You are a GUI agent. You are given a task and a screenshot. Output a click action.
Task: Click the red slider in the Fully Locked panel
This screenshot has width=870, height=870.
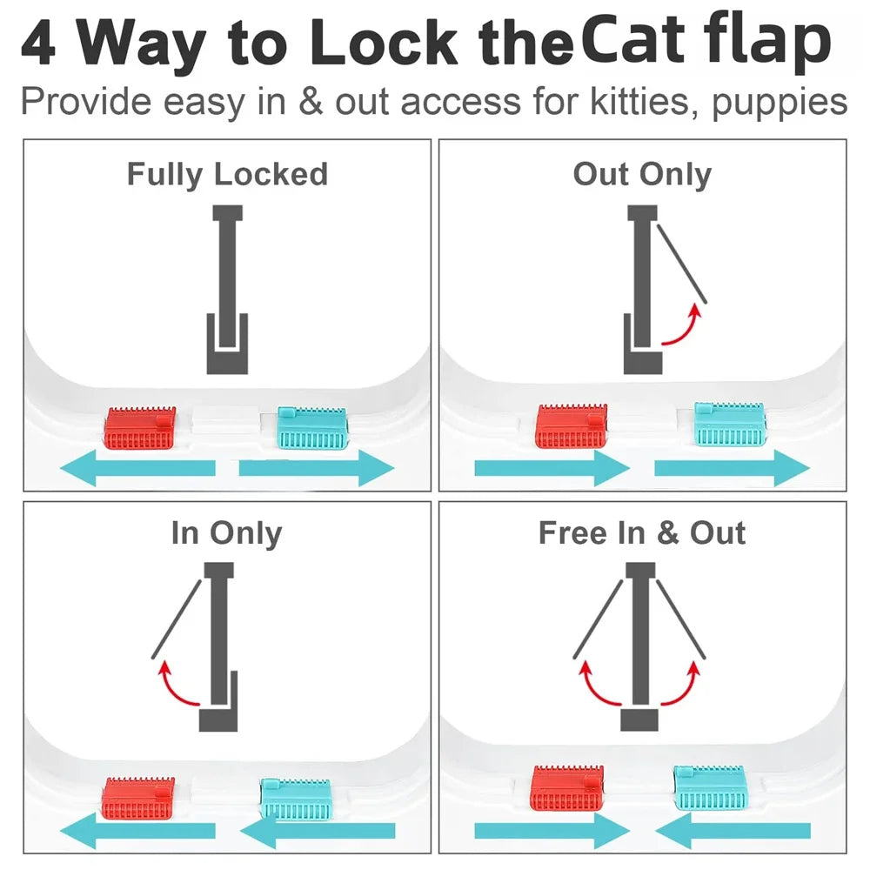(x=140, y=428)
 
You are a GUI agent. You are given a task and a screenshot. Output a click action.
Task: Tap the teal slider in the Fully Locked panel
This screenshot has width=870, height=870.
(x=312, y=428)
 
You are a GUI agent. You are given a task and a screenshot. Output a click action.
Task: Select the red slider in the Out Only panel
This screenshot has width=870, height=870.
(x=572, y=425)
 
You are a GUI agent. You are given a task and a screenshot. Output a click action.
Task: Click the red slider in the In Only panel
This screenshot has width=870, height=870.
(x=138, y=799)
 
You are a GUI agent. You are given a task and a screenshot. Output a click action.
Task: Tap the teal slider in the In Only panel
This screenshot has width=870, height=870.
(x=296, y=799)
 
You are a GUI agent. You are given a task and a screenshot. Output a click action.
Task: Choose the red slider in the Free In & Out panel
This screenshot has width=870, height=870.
(x=567, y=788)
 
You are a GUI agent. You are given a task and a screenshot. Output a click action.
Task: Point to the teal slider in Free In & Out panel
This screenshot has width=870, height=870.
(x=709, y=787)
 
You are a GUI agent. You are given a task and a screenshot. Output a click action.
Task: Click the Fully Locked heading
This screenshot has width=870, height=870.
(x=227, y=174)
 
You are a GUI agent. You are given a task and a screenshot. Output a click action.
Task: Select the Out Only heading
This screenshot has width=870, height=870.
(x=643, y=174)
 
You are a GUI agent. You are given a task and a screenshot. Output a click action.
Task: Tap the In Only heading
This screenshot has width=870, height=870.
(x=227, y=533)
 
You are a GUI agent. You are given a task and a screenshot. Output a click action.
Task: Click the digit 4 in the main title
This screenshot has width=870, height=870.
(x=38, y=43)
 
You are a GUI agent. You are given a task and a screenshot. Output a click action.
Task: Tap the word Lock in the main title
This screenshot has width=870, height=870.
(x=384, y=43)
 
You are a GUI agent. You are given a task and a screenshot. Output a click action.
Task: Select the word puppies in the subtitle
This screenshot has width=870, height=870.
(x=780, y=103)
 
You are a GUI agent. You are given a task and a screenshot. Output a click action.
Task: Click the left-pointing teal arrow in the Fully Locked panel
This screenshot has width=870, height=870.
(x=137, y=468)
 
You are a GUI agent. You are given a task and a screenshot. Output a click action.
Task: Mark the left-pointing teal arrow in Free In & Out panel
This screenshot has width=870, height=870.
(x=733, y=831)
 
